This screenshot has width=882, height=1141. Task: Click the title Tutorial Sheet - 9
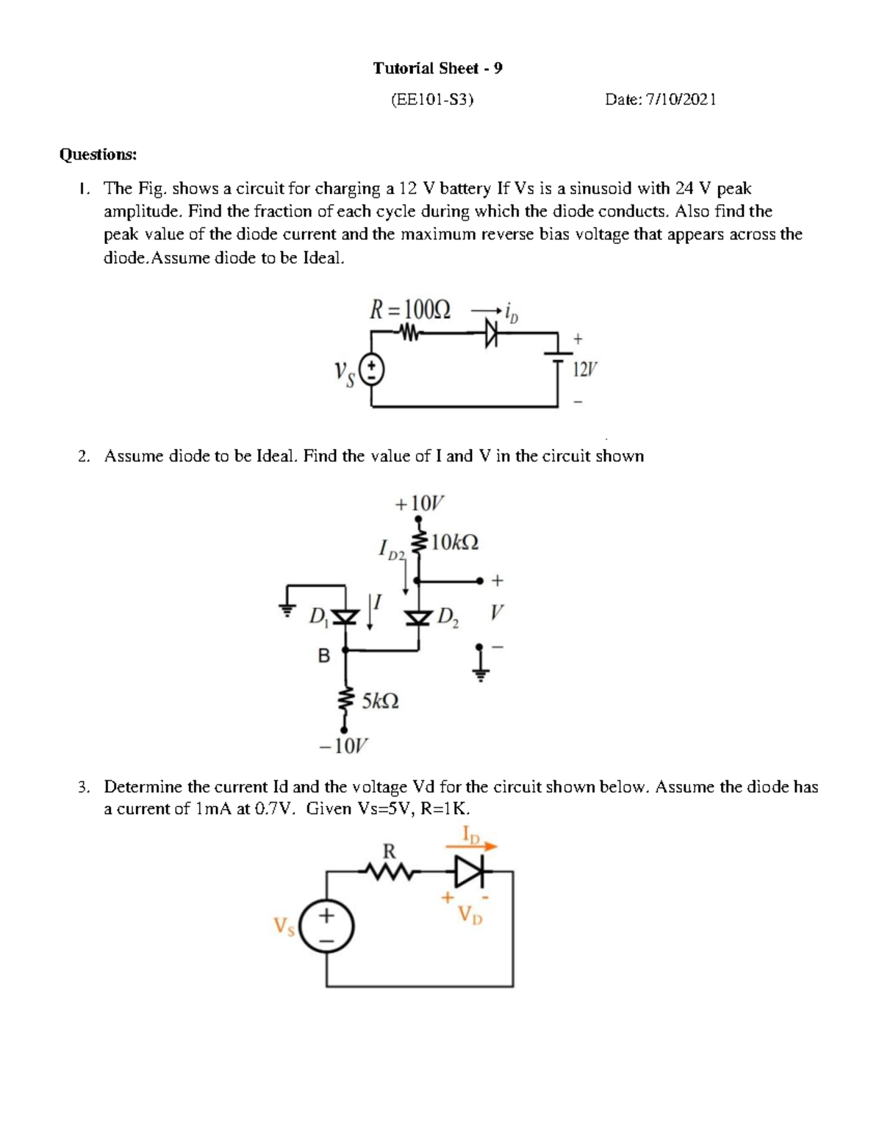click(437, 68)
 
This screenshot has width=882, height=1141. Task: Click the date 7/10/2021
click(680, 99)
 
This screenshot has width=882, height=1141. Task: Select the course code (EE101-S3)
click(432, 99)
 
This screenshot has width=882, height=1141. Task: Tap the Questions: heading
click(98, 154)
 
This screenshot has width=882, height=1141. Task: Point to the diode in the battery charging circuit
click(491, 335)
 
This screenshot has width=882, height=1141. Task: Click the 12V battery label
click(585, 370)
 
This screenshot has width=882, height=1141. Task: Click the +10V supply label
click(420, 503)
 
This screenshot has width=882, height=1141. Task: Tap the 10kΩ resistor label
click(455, 543)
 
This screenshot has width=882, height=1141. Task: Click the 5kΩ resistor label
click(381, 701)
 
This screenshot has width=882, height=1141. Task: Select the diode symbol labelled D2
click(419, 617)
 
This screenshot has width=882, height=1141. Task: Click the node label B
click(323, 655)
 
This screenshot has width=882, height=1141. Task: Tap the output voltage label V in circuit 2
click(498, 612)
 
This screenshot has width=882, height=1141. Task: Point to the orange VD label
click(470, 915)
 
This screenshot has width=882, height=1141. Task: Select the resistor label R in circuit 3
click(389, 852)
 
